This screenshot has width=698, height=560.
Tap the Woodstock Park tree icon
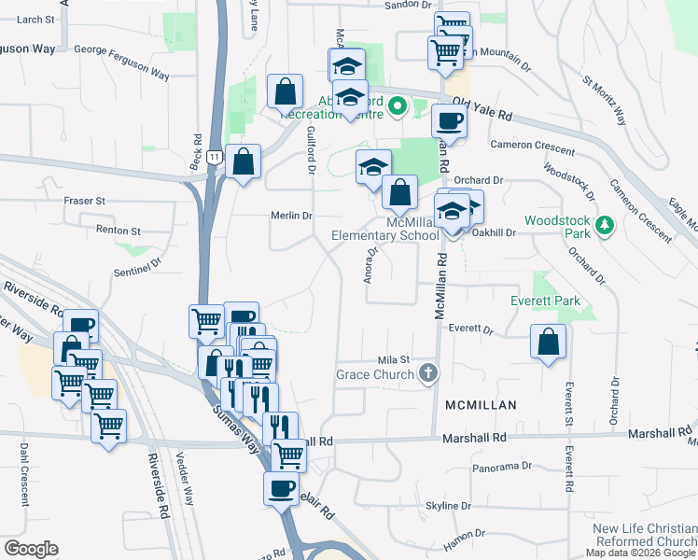[606, 225]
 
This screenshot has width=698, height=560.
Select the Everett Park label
[546, 301]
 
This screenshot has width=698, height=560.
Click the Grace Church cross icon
[427, 374]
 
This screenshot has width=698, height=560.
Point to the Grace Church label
[375, 375]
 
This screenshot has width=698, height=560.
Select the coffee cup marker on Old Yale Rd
[449, 120]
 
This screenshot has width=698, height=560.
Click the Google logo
[31, 549]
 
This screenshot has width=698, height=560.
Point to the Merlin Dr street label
[290, 216]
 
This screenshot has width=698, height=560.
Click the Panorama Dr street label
[503, 465]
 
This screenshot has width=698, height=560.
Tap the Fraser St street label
[84, 201]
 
